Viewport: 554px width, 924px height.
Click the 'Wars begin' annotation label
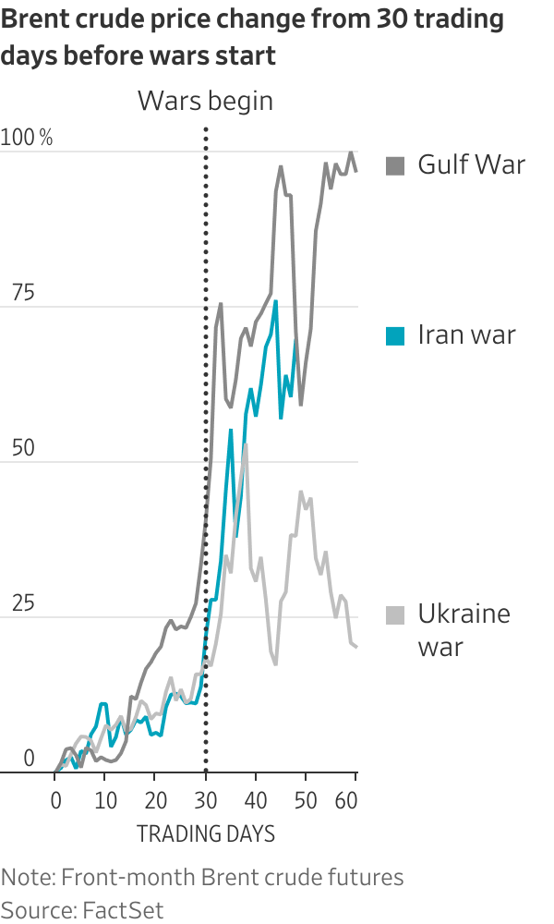(205, 101)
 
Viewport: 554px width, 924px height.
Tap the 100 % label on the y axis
(27, 139)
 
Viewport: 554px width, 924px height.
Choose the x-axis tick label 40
(256, 797)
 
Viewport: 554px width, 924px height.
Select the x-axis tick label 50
(306, 797)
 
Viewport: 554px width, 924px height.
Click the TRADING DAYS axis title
(206, 834)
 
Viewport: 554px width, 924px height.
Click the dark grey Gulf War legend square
(395, 166)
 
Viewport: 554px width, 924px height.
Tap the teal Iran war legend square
(395, 335)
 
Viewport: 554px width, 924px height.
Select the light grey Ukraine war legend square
(395, 614)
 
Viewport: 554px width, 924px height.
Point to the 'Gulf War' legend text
(471, 165)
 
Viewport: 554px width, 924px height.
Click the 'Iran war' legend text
(466, 334)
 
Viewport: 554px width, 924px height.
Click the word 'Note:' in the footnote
(25, 876)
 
